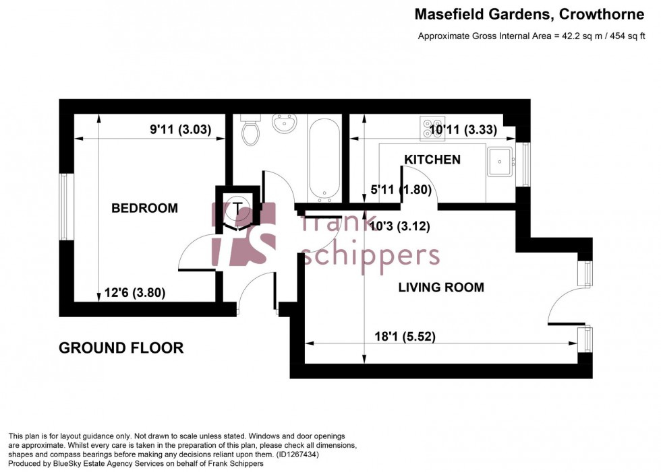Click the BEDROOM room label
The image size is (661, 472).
click(x=144, y=209)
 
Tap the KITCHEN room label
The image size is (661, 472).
click(x=432, y=160)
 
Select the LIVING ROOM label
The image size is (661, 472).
click(x=441, y=288)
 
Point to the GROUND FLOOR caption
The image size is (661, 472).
click(x=121, y=348)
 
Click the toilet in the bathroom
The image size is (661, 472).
click(x=251, y=131)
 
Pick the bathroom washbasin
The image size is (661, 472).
click(x=282, y=125)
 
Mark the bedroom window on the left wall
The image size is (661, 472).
click(x=63, y=207)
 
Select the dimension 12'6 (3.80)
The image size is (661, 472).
click(x=136, y=293)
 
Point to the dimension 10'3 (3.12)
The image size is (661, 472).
click(x=401, y=226)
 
